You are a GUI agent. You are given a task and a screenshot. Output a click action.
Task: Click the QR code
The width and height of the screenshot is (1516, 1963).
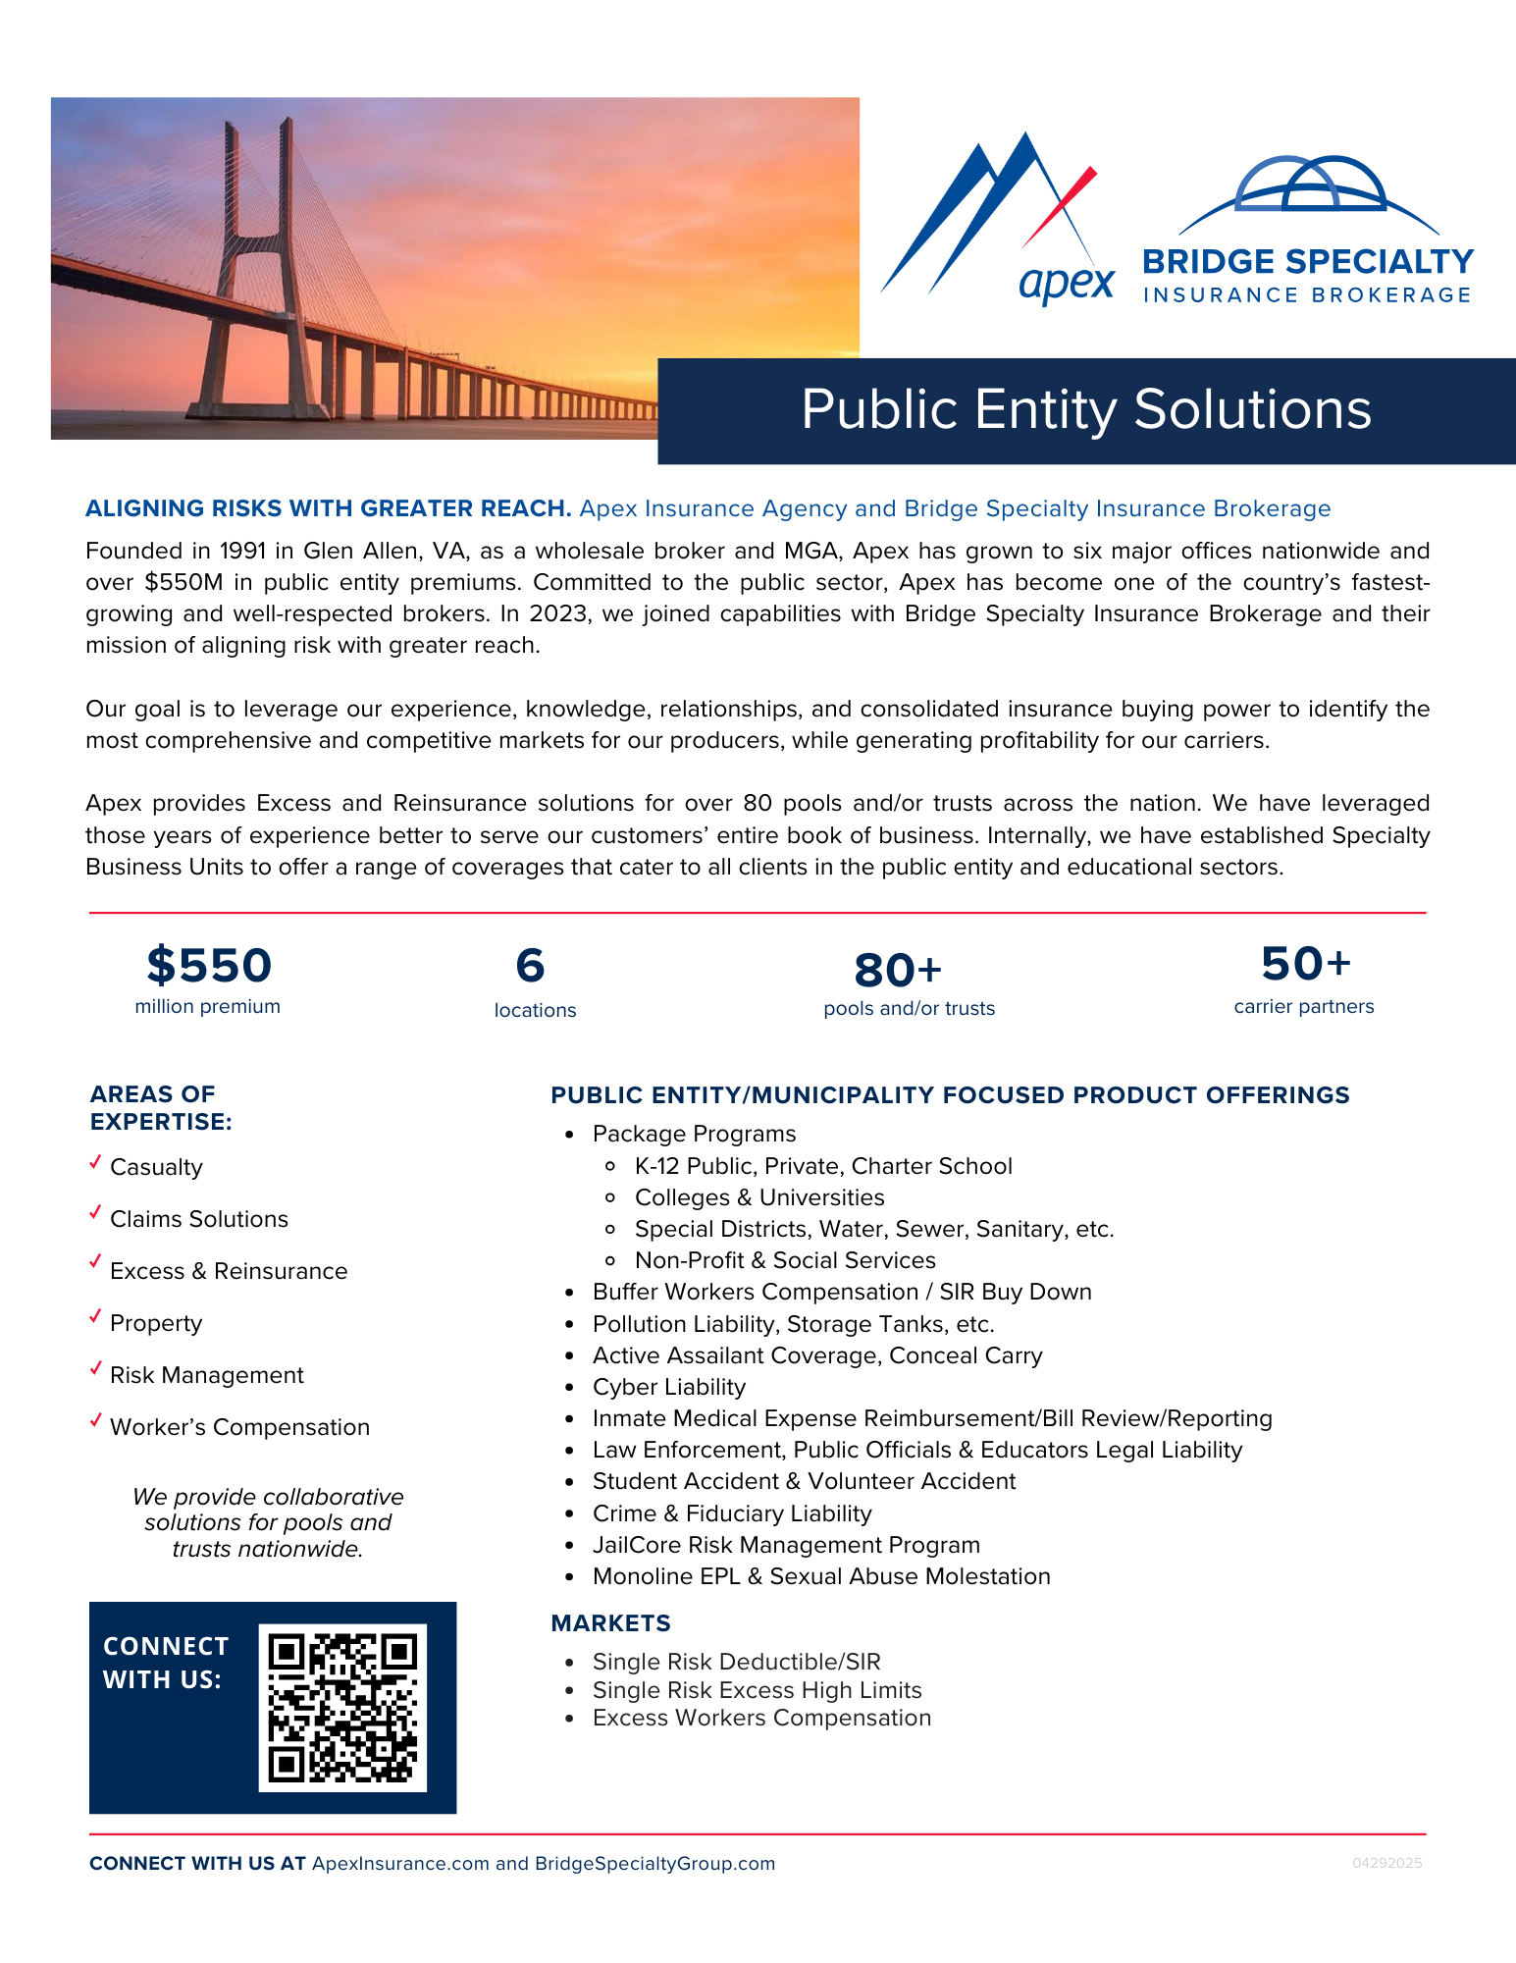pyautogui.click(x=342, y=1707)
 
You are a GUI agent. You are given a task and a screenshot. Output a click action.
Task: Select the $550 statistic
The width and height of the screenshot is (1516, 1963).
pyautogui.click(x=209, y=965)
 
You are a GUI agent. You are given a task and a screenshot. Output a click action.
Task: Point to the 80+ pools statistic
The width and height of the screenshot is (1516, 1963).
pyautogui.click(x=898, y=971)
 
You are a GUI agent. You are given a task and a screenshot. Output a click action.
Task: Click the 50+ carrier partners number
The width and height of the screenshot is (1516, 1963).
pyautogui.click(x=1305, y=964)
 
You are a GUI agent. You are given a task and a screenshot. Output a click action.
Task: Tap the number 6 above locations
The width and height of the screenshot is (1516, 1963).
pyautogui.click(x=530, y=966)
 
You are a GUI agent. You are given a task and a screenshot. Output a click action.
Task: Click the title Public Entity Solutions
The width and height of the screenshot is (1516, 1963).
pyautogui.click(x=1086, y=409)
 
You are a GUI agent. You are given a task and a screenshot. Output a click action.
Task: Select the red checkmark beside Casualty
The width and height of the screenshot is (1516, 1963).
pyautogui.click(x=95, y=1162)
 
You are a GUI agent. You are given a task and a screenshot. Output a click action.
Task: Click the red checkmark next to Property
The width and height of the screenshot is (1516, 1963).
pyautogui.click(x=95, y=1317)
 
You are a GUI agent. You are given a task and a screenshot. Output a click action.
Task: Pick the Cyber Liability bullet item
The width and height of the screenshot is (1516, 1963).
pyautogui.click(x=669, y=1387)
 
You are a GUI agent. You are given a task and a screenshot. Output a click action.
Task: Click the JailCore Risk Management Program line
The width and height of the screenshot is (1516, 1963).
pyautogui.click(x=786, y=1545)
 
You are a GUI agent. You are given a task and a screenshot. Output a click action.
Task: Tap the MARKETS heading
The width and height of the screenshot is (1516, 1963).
pyautogui.click(x=610, y=1623)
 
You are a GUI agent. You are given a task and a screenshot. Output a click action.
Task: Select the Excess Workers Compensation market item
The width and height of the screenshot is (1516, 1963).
pyautogui.click(x=761, y=1718)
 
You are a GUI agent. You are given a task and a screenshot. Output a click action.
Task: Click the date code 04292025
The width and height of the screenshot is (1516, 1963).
pyautogui.click(x=1386, y=1863)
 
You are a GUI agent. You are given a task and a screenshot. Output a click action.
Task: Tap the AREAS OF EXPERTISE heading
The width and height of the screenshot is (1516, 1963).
pyautogui.click(x=161, y=1107)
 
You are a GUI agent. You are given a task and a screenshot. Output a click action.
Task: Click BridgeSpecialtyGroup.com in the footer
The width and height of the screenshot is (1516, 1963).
pyautogui.click(x=654, y=1863)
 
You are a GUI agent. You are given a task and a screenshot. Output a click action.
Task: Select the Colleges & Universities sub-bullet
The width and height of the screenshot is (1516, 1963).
pyautogui.click(x=759, y=1197)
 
